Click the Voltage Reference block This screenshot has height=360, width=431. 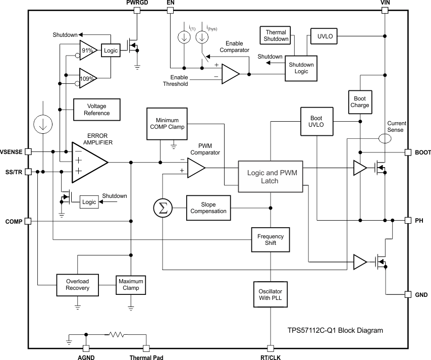coord(97,110)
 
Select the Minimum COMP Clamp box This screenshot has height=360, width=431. coord(167,123)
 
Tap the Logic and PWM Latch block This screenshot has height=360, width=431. coord(272,177)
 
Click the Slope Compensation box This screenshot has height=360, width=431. coord(208,208)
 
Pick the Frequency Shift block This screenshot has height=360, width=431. coord(271,239)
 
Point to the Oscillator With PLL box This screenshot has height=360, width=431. coord(271,295)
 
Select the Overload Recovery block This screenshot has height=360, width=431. coord(77,285)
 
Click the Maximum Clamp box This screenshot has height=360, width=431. coord(130,285)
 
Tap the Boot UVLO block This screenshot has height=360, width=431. coord(317,121)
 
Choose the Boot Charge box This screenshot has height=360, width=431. coord(359,102)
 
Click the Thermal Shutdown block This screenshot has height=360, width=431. coord(276,35)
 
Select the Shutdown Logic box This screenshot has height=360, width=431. coord(301,68)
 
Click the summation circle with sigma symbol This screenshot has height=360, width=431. coord(163,208)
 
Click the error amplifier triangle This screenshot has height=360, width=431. coord(89,162)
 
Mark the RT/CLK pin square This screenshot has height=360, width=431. coord(271,348)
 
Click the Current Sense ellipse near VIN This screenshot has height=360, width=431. coord(385,138)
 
